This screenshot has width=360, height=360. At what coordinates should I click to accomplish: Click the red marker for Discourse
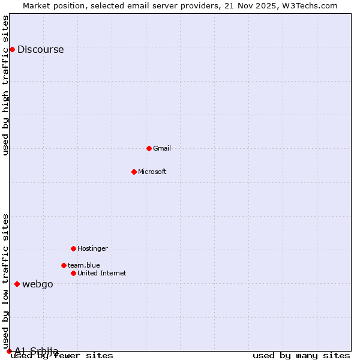(x=12, y=49)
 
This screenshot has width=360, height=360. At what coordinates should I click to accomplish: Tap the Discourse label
(x=40, y=50)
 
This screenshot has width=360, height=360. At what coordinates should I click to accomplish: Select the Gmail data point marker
(x=149, y=148)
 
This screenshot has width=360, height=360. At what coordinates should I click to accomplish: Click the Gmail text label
(x=162, y=148)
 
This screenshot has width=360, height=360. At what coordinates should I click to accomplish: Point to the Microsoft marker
(x=134, y=172)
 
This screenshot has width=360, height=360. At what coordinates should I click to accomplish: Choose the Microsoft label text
(x=152, y=172)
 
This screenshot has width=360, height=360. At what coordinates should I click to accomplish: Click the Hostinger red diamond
(x=73, y=248)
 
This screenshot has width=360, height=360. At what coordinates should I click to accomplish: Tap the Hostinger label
(x=92, y=248)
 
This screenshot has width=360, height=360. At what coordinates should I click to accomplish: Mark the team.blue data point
(x=64, y=265)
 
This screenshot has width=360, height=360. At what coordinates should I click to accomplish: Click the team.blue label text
(x=83, y=265)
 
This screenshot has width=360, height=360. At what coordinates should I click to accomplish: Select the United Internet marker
(x=73, y=273)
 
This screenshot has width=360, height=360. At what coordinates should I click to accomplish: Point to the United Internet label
(x=101, y=273)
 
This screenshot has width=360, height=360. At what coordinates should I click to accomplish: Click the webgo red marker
(x=17, y=284)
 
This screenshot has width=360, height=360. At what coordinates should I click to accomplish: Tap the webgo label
(x=37, y=284)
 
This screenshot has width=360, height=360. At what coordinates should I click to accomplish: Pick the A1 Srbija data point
(x=9, y=351)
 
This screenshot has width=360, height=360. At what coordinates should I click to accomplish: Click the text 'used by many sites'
(x=301, y=356)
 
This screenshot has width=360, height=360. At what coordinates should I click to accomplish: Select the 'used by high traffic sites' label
(x=6, y=85)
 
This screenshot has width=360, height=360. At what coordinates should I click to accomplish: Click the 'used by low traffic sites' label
(x=6, y=277)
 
